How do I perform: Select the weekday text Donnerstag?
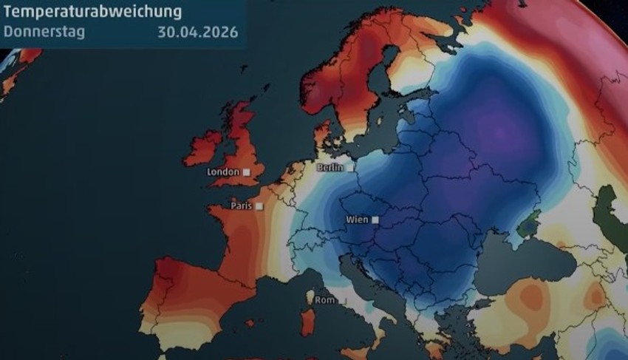click(44, 32)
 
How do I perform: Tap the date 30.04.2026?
click(197, 32)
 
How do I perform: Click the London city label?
click(223, 172)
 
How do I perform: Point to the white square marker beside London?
click(247, 172)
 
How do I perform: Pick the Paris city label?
click(242, 206)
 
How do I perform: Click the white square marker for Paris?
click(259, 206)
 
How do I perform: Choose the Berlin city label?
click(330, 168)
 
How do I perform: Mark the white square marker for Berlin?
click(350, 168)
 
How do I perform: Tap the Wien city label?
click(358, 220)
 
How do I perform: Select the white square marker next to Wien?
click(375, 220)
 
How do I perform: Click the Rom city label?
click(324, 301)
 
